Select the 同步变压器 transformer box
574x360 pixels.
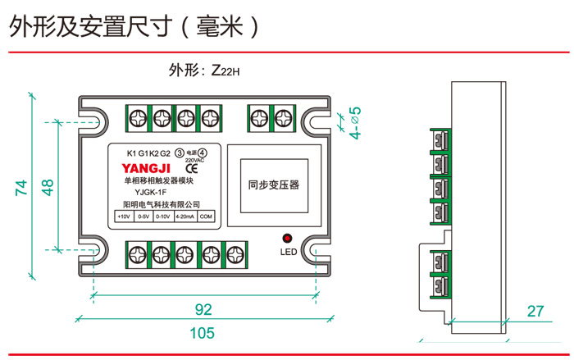click(273, 185)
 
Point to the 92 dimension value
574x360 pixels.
click(202, 309)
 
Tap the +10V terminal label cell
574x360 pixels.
click(124, 216)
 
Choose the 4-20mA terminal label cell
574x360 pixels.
click(184, 216)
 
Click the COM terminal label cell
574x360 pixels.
click(206, 216)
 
